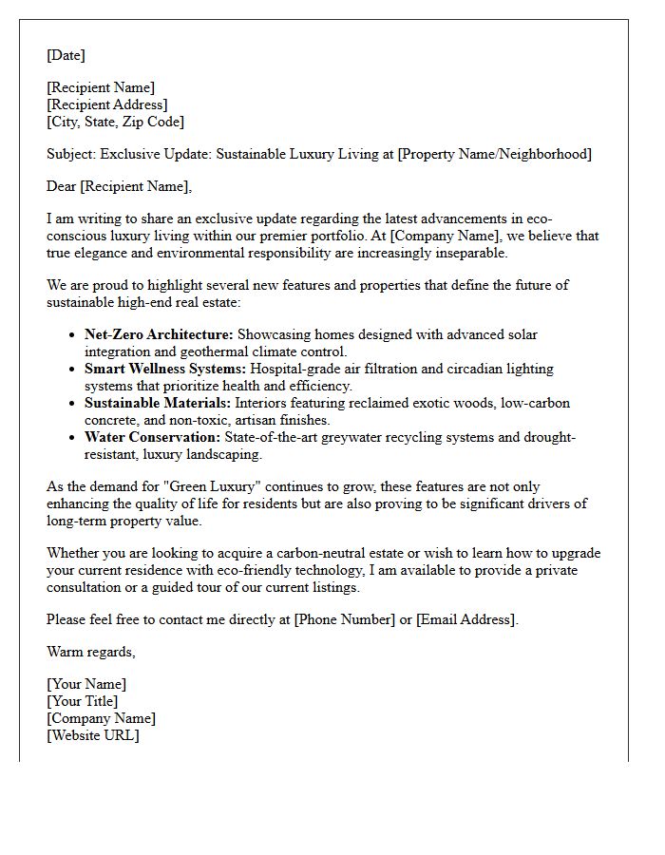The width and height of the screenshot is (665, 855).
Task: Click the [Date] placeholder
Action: pos(66,55)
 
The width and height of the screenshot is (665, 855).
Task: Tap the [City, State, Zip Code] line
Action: pos(115,122)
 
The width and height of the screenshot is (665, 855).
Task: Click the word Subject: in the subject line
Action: pos(71,154)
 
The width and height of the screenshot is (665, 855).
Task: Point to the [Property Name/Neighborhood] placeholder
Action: pos(494,154)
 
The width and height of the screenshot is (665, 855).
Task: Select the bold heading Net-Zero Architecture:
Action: pos(159,334)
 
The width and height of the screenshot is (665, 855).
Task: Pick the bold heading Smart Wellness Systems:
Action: pos(165,369)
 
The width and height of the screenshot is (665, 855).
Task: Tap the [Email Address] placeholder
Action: pos(465,619)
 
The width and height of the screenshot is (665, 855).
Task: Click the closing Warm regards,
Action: pos(91,652)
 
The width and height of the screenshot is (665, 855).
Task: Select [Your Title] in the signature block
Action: pos(83,701)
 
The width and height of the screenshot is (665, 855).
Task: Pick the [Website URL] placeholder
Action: pos(92,735)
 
